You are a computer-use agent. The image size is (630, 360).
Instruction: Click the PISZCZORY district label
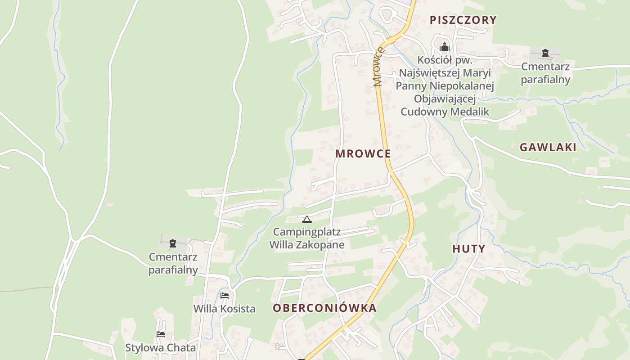click(463, 20)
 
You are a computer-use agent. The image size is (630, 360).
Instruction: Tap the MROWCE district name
click(363, 153)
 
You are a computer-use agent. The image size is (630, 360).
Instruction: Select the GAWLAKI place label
click(548, 147)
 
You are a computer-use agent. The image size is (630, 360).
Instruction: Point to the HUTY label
click(469, 249)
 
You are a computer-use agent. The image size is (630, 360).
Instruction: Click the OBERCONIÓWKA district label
click(324, 308)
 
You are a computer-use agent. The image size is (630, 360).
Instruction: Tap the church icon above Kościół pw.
click(445, 47)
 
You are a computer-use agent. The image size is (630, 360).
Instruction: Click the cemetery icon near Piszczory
click(545, 53)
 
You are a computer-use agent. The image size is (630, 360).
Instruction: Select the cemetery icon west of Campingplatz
click(173, 243)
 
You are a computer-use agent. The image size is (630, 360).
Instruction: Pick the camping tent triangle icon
click(307, 220)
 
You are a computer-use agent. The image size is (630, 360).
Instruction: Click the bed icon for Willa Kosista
click(225, 296)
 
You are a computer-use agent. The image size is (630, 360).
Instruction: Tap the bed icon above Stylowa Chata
click(161, 334)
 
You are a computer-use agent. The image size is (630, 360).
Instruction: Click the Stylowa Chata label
click(161, 348)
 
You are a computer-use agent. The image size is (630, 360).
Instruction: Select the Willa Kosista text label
click(225, 309)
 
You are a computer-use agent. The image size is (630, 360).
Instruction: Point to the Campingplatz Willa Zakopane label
click(307, 238)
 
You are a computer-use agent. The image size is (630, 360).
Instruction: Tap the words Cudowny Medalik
click(445, 112)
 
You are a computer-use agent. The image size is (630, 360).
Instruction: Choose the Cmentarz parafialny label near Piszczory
click(545, 73)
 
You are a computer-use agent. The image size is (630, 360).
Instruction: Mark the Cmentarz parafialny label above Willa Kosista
click(173, 263)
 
